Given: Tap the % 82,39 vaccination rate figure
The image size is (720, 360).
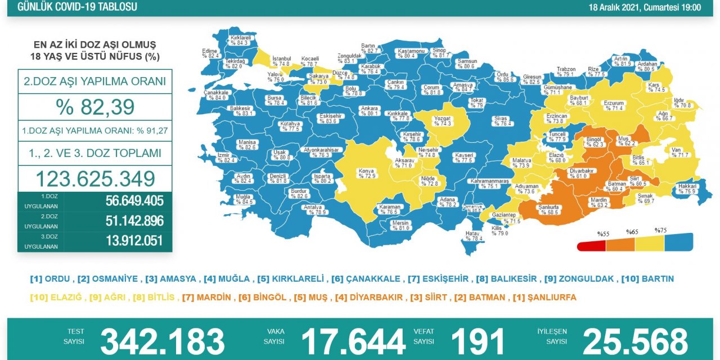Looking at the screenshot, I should pyautogui.click(x=95, y=106).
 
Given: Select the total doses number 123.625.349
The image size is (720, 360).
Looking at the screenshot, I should pyautogui.click(x=95, y=179).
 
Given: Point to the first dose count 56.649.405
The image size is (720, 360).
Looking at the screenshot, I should pyautogui.click(x=134, y=201).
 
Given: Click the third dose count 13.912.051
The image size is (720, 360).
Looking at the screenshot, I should pyautogui.click(x=134, y=241).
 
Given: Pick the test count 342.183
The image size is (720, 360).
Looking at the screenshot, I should pyautogui.click(x=162, y=341).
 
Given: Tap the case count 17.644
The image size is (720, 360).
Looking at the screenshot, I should pyautogui.click(x=353, y=341).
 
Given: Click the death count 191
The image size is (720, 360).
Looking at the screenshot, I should pyautogui.click(x=478, y=341).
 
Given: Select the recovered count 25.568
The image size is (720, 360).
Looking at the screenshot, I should pyautogui.click(x=635, y=341).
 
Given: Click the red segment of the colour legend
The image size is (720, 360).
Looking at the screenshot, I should pyautogui.click(x=591, y=246).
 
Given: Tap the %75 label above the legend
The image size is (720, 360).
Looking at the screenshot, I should pyautogui.click(x=660, y=230).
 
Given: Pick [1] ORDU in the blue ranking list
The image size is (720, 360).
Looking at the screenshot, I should pyautogui.click(x=50, y=279).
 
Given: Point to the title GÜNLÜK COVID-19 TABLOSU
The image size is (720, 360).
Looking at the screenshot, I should pyautogui.click(x=77, y=7).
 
